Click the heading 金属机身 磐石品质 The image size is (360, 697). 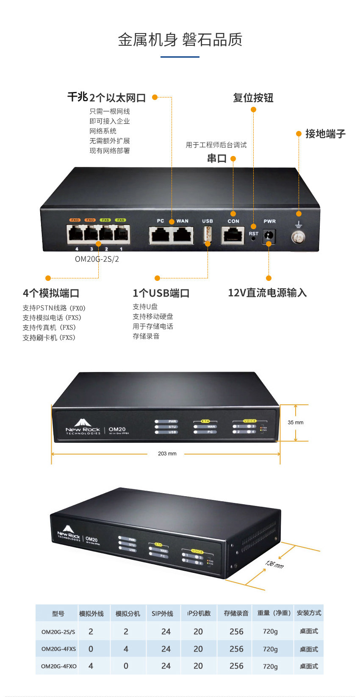click(180, 40)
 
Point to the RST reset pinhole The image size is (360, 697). click(253, 239)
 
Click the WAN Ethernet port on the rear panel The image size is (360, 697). click(183, 235)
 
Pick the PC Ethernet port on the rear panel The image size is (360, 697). click(160, 235)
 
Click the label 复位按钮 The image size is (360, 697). click(253, 98)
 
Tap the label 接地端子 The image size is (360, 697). click(325, 134)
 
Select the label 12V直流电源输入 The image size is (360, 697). click(267, 293)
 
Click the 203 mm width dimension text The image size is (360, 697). click(167, 454)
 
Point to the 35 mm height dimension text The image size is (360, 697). click(296, 422)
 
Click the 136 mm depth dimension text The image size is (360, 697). click(274, 564)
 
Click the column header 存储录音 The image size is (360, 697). click(236, 613)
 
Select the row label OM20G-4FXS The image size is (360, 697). click(58, 649)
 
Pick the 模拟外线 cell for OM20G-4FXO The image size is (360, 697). click(91, 666)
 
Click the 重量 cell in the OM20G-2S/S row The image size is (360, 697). click(270, 631)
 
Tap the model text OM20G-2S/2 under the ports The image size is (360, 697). click(97, 259)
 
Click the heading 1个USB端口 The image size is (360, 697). click(161, 293)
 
